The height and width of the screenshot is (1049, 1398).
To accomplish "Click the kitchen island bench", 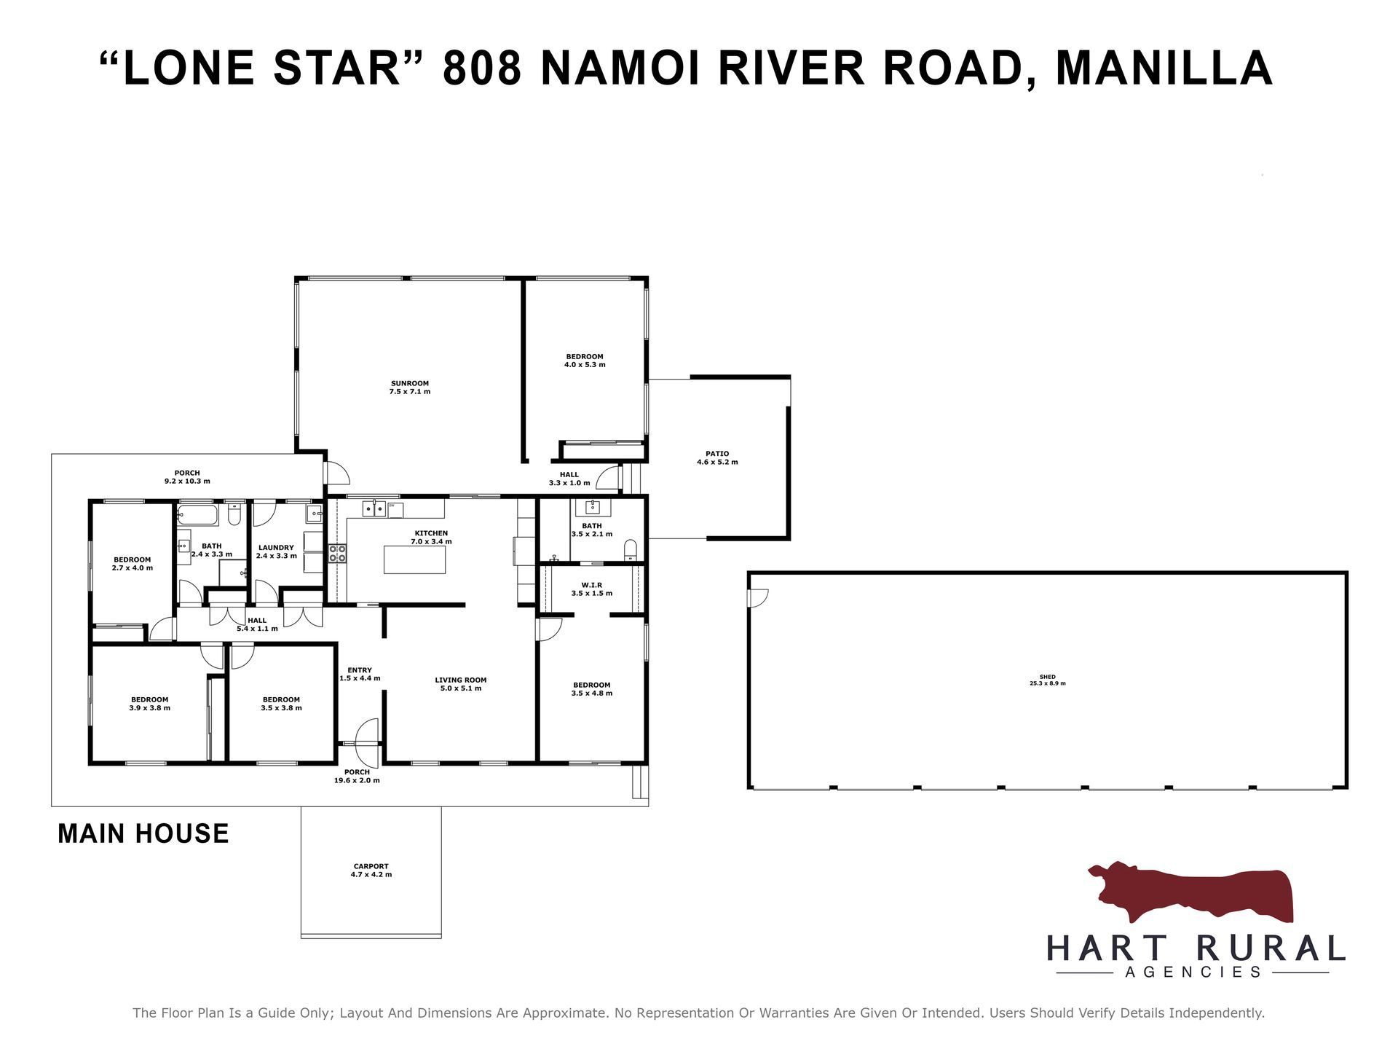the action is coord(414,559).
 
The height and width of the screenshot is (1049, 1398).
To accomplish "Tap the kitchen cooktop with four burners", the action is coord(337,554).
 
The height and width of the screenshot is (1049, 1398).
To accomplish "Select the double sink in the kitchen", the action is coord(374,508).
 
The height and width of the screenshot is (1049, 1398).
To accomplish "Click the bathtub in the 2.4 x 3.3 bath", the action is coord(197,515).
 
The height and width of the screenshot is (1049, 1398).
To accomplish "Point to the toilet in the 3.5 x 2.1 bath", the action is coord(631,550).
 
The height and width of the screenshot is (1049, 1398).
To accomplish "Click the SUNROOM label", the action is coord(410,383).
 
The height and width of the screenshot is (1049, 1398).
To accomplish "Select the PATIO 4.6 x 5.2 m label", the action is coord(717,458).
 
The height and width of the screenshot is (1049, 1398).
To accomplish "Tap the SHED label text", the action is coord(1048,677).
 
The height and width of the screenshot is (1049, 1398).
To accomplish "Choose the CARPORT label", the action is coord(371,866).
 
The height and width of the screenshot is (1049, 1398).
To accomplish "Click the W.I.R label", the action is coord(592,585).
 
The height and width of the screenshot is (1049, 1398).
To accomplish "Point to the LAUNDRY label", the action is coord(276,548).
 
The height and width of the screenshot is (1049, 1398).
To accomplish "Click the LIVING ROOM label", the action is coord(461,680).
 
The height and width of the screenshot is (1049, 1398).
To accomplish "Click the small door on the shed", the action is coord(758,598).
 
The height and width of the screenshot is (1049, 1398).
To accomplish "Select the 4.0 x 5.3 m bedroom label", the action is coord(585,361).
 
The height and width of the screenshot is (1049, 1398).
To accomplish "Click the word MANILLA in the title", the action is coord(1164,68).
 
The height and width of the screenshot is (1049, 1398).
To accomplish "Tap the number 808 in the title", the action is coord(482,68).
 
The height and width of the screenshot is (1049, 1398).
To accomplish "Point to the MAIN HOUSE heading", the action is coord(143,833).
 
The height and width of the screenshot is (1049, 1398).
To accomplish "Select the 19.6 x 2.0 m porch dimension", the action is coord(357,780).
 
